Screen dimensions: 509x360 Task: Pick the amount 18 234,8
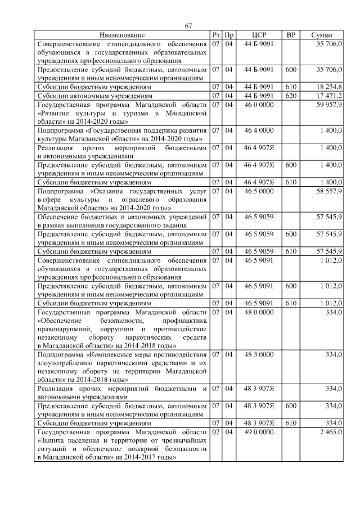[329, 87]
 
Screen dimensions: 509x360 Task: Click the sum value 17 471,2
[329, 96]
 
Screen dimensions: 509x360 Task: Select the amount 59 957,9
[329, 105]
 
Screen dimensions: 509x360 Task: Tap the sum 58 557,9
[329, 191]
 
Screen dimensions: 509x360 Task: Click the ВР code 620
[291, 96]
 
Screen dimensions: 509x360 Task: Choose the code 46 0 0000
[259, 105]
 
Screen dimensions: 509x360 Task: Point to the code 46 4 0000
[259, 130]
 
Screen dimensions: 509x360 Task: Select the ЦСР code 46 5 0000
[259, 191]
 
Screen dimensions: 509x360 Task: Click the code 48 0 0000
[259, 312]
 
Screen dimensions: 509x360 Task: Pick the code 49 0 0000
[259, 431]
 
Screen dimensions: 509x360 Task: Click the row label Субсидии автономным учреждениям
[94, 96]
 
